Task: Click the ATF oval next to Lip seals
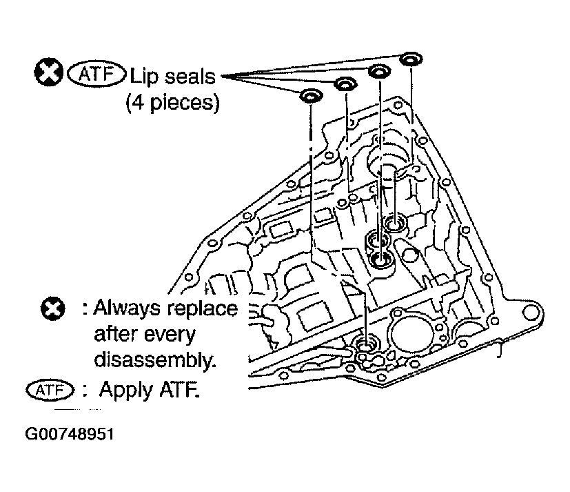click(x=96, y=74)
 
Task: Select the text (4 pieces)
click(x=173, y=103)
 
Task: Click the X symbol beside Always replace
click(x=52, y=309)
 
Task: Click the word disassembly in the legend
click(x=155, y=360)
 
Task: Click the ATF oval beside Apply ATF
click(x=50, y=390)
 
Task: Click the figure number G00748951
click(x=70, y=434)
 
